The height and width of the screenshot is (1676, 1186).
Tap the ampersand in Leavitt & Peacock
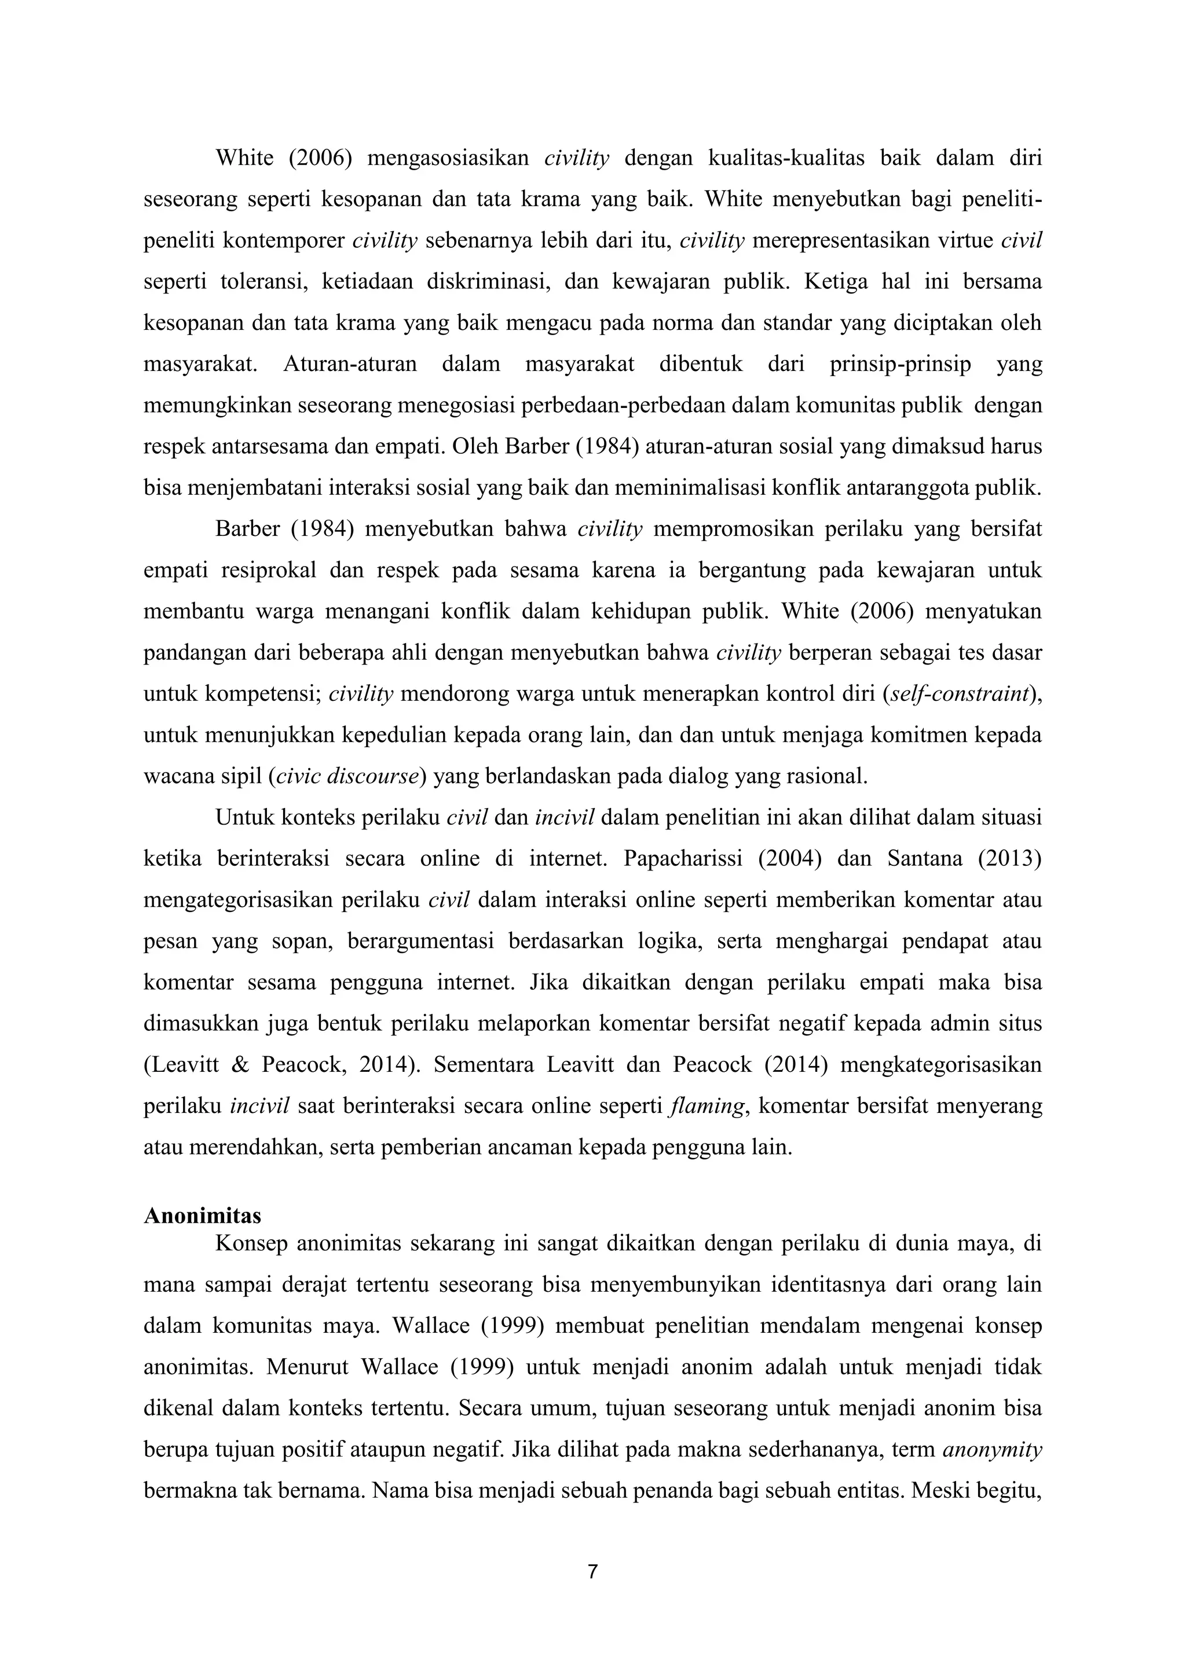point(240,1065)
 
